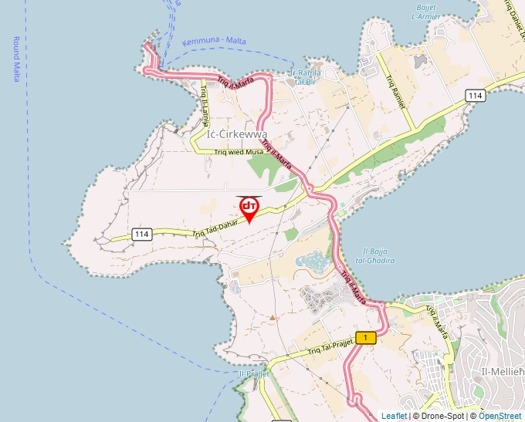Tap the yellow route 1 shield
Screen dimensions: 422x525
[x=367, y=337]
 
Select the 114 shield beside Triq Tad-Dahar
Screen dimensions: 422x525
[x=141, y=234]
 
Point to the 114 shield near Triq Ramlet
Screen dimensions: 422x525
[x=475, y=95]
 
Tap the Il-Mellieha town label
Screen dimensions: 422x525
[x=503, y=372]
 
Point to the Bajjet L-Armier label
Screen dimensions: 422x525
[x=426, y=11]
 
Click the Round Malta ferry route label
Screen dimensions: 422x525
[x=16, y=59]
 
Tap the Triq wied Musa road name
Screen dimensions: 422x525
[x=239, y=152]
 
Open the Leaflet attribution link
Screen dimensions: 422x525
[x=394, y=416]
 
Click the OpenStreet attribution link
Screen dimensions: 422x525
[x=500, y=416]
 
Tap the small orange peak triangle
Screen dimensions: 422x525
[x=272, y=317]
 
